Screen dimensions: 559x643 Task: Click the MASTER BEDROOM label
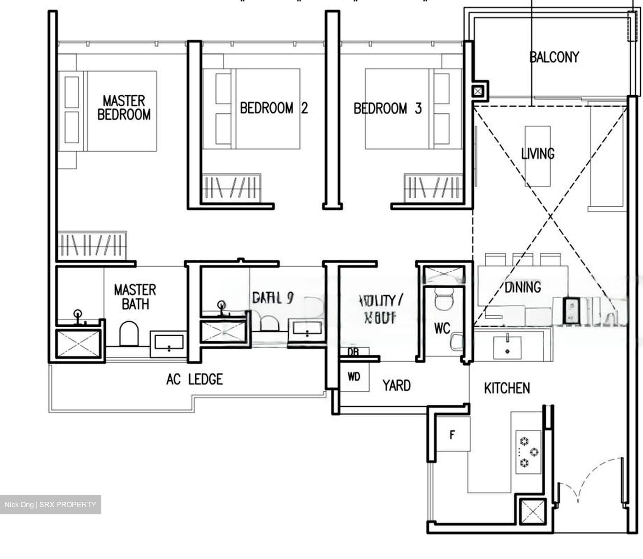pos(124,108)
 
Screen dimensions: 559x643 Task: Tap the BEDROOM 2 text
pos(273,108)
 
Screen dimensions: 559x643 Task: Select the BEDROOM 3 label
pos(387,108)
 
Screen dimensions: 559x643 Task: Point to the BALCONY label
pos(554,57)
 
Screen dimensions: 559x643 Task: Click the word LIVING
pos(538,154)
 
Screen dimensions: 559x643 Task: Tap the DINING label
pos(522,287)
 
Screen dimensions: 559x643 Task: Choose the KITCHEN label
pos(507,388)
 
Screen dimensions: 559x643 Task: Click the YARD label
pos(397,385)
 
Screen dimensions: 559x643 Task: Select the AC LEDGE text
pos(194,380)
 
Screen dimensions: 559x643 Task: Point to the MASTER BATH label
pos(135,297)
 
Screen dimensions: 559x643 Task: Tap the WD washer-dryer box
pos(354,377)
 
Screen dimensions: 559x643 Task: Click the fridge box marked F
pos(452,434)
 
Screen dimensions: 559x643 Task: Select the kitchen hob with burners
pos(528,452)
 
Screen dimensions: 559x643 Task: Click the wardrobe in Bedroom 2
pos(231,187)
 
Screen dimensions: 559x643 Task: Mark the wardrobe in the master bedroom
pos(92,245)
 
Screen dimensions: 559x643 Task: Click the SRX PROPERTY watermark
pos(50,505)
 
